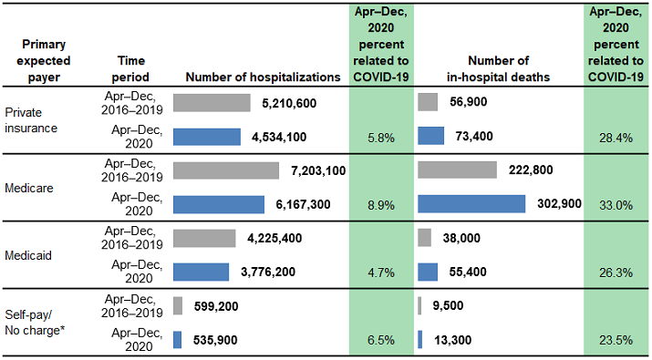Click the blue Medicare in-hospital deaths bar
click(x=471, y=203)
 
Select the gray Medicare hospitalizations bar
click(x=225, y=170)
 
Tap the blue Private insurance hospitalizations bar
click(x=207, y=136)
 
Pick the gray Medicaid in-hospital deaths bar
click(x=424, y=237)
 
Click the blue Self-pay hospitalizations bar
click(x=177, y=339)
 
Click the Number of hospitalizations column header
click(x=254, y=77)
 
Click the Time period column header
click(x=127, y=69)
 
